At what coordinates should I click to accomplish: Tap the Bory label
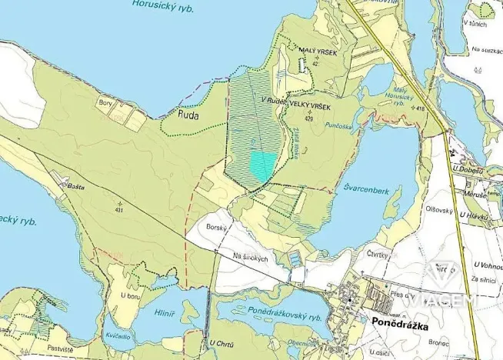(x=105, y=102)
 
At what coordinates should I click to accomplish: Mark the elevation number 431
(x=118, y=209)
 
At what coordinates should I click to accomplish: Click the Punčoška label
(x=338, y=125)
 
